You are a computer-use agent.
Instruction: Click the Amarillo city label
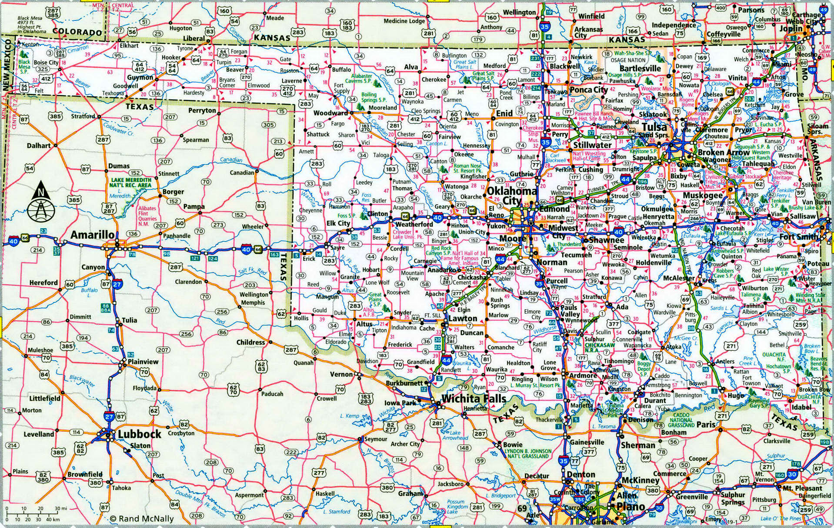[x=93, y=235]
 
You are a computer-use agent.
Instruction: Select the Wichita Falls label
[x=474, y=398]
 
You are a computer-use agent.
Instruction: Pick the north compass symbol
[x=41, y=202]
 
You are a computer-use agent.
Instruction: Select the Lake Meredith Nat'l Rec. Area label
[x=131, y=183]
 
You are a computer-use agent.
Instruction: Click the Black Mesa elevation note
[x=31, y=25]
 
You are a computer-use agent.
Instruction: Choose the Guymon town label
[x=140, y=78]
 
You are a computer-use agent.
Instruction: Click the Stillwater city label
[x=592, y=145]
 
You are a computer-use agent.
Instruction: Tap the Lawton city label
[x=463, y=319]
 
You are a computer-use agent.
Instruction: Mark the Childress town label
[x=250, y=342]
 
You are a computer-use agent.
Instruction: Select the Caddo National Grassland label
[x=681, y=420]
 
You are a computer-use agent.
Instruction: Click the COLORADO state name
[x=77, y=32]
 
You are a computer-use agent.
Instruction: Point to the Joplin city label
[x=791, y=28]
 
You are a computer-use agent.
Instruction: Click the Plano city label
[x=631, y=507]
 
